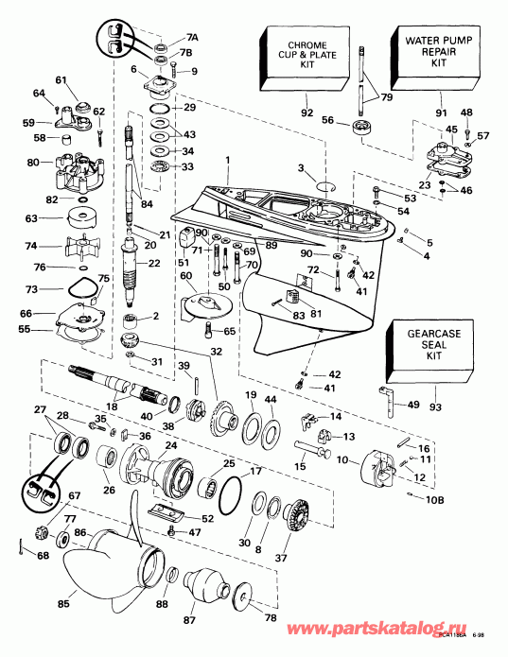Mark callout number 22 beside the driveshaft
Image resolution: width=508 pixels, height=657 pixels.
pos(154,262)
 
